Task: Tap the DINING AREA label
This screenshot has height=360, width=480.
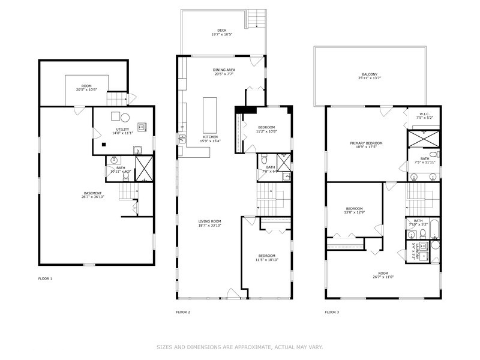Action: [x=224, y=70]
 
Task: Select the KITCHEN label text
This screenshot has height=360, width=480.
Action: [x=210, y=137]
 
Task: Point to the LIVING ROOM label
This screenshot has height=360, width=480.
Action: [x=210, y=222]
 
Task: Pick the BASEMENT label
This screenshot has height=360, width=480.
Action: [x=92, y=193]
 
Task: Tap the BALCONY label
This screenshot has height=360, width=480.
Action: [x=369, y=74]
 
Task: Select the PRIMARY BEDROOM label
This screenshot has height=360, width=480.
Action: [x=366, y=143]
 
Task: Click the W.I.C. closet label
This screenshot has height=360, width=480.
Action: [x=424, y=113]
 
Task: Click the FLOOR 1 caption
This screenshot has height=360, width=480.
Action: [x=46, y=279]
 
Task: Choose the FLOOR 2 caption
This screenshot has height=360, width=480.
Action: [x=182, y=312]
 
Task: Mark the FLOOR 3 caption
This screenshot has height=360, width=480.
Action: [x=332, y=312]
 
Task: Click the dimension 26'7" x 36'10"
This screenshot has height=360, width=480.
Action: [x=92, y=197]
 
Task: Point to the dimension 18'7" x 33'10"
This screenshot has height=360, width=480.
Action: [x=210, y=226]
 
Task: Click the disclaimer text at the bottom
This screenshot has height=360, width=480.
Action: [x=240, y=346]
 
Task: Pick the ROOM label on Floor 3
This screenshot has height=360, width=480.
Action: [x=383, y=272]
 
